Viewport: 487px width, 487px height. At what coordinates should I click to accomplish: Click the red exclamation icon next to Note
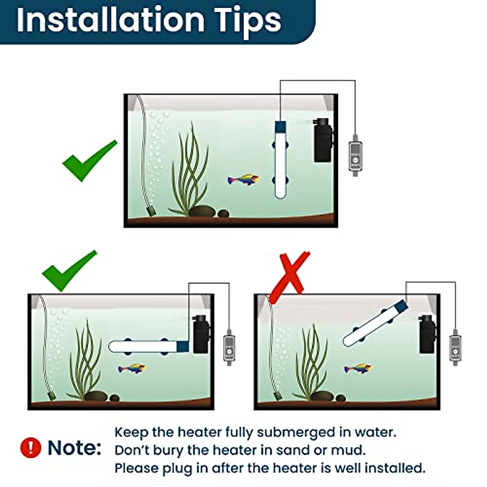30,448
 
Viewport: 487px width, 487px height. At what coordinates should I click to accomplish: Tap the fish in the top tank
243,179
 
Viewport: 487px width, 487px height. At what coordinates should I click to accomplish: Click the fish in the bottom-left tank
131,368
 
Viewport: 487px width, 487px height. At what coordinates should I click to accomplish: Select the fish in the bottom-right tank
358,369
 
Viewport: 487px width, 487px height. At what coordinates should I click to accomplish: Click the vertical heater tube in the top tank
280,162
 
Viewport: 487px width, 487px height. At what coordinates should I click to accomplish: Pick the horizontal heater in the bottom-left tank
148,346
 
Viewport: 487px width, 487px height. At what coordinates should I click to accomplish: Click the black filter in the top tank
323,140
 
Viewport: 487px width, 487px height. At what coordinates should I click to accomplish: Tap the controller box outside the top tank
355,156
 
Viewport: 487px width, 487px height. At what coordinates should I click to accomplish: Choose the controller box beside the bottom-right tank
455,348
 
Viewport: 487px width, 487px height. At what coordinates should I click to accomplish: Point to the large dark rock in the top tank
203,211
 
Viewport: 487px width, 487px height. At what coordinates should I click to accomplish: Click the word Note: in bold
74,448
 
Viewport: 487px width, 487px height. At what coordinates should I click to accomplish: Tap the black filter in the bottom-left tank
201,334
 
